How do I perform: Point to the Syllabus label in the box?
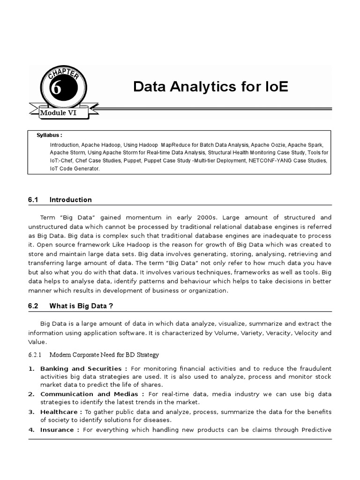coord(49,135)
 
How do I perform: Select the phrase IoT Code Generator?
coord(75,169)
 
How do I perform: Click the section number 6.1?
coord(32,200)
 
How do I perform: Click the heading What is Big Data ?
coord(82,306)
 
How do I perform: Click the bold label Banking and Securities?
coord(83,368)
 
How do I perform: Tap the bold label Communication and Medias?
coord(92,394)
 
